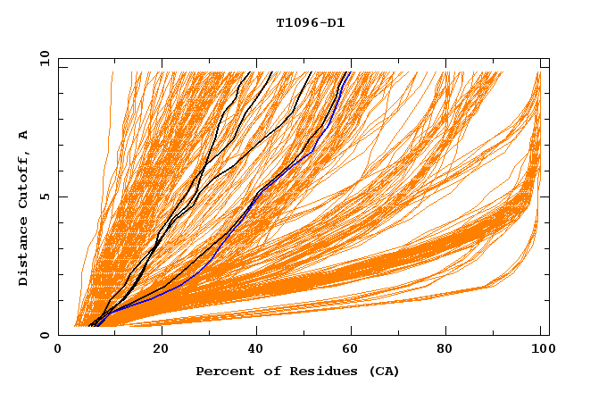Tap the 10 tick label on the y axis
tap(44, 58)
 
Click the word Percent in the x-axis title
tap(222, 371)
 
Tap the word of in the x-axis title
tap(266, 371)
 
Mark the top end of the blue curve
tap(351, 72)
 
